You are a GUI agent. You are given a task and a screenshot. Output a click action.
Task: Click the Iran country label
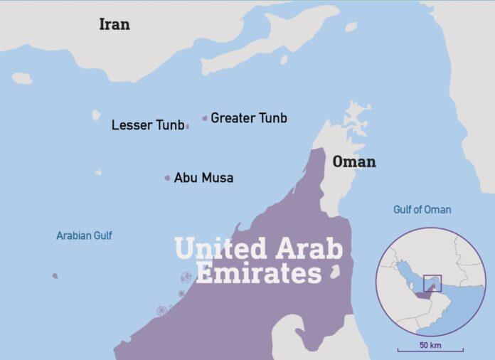coord(115,23)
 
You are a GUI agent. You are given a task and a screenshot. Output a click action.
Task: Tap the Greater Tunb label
coord(249,118)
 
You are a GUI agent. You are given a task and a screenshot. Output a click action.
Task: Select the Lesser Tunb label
coord(147,126)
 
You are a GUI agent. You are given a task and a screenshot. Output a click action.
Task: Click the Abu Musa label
coord(203,178)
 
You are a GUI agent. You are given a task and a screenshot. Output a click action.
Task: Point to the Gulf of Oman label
coord(422,210)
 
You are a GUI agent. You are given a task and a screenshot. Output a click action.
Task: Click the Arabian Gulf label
coord(84,235)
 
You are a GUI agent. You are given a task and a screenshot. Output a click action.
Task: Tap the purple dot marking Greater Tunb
coord(205,118)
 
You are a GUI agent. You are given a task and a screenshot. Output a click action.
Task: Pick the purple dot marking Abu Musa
coord(168,178)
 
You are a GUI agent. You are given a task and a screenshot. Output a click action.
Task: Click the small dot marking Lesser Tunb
coord(187,127)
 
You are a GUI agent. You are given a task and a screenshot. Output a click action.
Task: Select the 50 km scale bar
coord(430,349)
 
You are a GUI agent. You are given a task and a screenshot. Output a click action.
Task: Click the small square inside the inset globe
coord(432,283)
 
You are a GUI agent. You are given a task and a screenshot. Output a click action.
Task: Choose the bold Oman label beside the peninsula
coord(354,162)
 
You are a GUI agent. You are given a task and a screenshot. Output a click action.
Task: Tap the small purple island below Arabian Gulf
coord(55,276)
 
